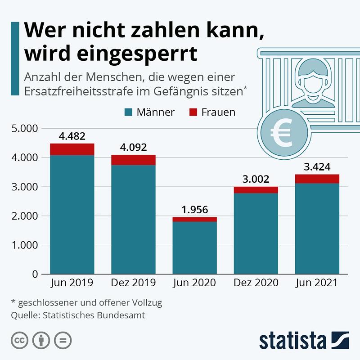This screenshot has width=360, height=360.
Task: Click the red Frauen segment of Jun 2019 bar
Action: point(72,149)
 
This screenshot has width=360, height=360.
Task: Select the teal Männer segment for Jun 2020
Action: point(194,247)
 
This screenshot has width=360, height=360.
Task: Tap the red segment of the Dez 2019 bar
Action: point(133,160)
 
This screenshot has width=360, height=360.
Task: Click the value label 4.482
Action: point(72,136)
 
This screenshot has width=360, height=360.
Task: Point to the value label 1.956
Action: point(194,210)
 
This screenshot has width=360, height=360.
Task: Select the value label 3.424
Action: point(317,167)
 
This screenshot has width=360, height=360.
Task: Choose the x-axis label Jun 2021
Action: point(317,283)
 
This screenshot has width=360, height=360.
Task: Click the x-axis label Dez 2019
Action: point(133,283)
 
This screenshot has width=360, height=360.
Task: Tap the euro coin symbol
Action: point(283,132)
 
